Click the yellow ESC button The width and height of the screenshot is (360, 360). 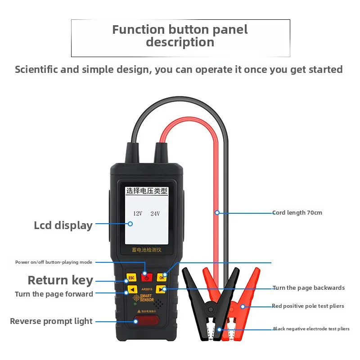[x=131, y=278]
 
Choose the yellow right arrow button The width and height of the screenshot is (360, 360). [x=163, y=289]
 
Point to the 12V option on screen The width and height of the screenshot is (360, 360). [x=137, y=213]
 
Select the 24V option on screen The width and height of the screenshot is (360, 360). [x=155, y=213]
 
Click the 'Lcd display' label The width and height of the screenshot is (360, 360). [x=63, y=225]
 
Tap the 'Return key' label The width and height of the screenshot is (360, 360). [x=60, y=280]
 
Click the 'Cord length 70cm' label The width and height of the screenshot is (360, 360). [x=297, y=213]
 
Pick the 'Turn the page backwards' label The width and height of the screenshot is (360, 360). [x=309, y=288]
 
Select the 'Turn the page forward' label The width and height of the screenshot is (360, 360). [x=54, y=294]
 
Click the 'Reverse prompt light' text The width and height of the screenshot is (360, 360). [x=51, y=321]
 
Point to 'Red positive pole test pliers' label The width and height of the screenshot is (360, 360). [x=308, y=306]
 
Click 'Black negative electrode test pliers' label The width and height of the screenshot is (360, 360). [x=311, y=329]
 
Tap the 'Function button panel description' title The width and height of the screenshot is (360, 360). [x=180, y=36]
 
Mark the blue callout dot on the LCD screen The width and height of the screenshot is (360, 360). [x=130, y=224]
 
